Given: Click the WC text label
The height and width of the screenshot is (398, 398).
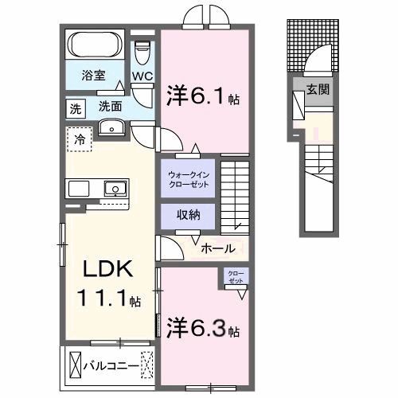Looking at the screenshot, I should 142,76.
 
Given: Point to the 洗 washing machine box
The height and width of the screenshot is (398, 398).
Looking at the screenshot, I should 73,107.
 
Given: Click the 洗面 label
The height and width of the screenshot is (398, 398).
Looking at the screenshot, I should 111,105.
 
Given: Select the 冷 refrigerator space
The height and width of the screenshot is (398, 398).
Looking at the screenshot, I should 78,139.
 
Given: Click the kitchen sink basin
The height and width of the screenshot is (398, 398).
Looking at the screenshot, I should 115,189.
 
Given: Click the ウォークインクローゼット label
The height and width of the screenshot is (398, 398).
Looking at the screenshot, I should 189,178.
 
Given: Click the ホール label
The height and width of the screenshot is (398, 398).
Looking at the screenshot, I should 217,248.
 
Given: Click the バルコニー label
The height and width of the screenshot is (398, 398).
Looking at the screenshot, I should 110,366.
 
